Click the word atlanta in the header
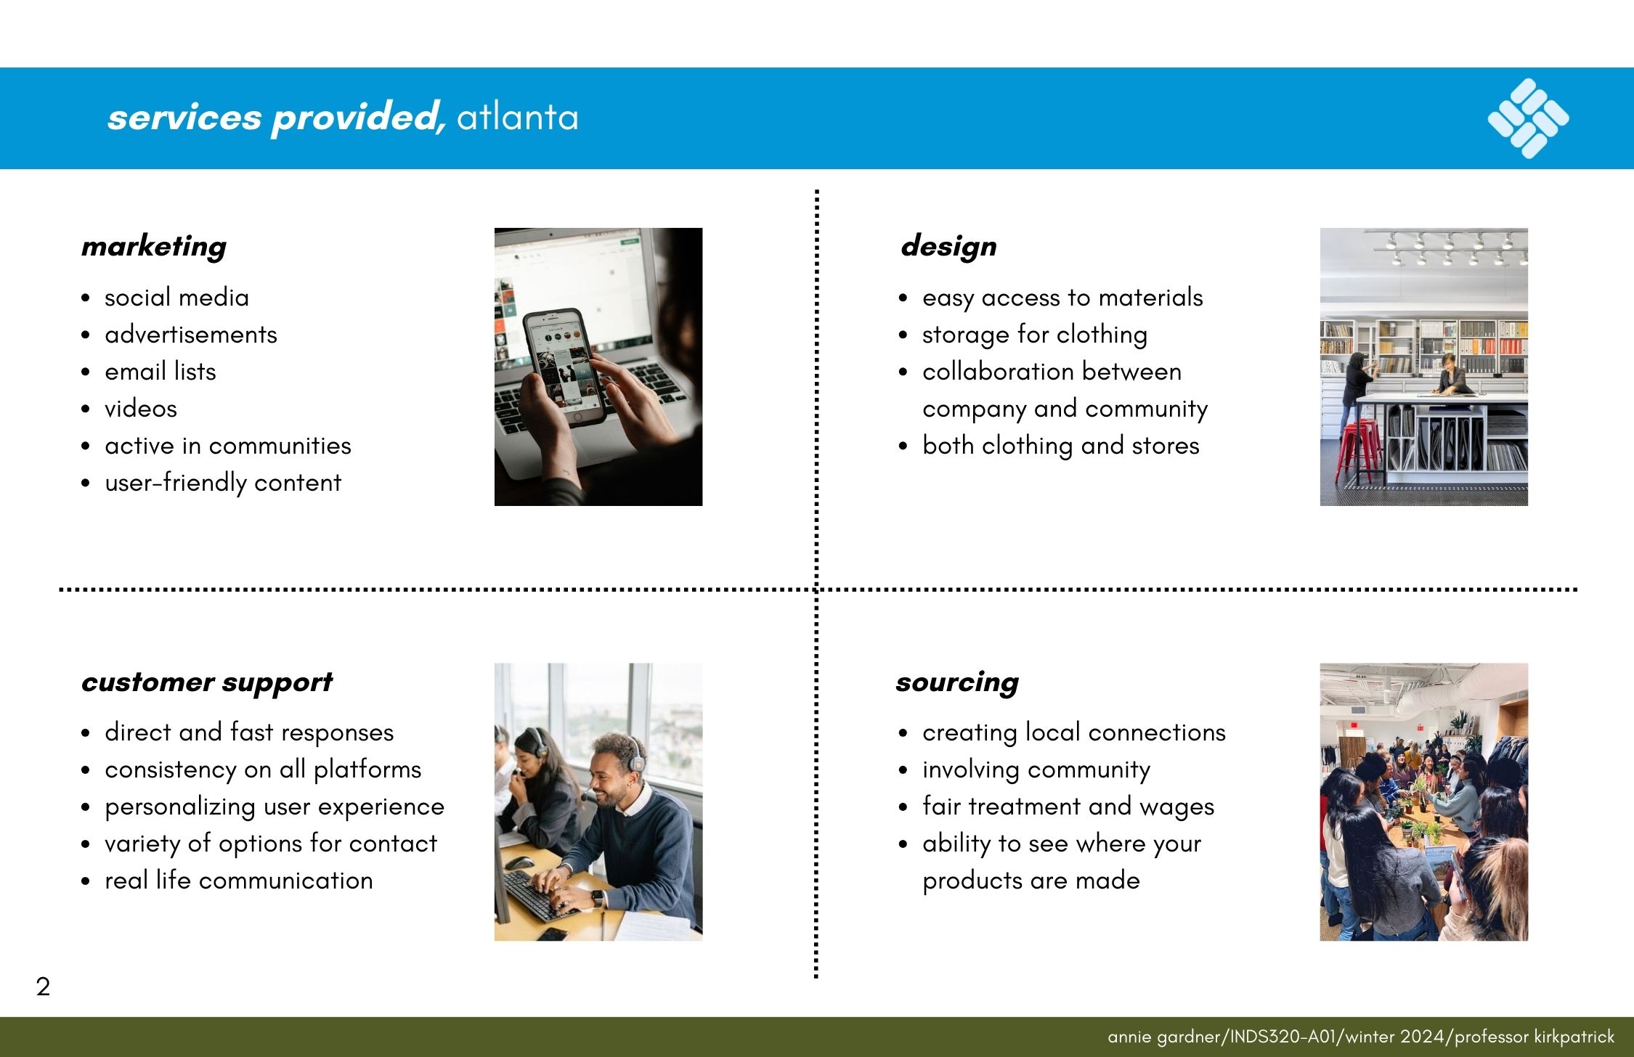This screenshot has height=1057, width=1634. [x=518, y=117]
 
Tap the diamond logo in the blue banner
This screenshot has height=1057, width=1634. [x=1528, y=118]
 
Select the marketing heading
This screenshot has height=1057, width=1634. [x=154, y=247]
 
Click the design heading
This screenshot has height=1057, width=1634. [x=948, y=247]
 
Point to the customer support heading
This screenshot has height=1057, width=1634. [x=207, y=682]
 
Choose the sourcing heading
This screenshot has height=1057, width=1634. [x=957, y=682]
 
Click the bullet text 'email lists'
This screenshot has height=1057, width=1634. [x=160, y=372]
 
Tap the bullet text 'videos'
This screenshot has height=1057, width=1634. [x=141, y=409]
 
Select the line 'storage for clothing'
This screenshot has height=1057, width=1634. [x=1035, y=335]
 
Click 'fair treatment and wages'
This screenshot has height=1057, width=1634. [x=1068, y=807]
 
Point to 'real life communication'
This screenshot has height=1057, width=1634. [x=239, y=881]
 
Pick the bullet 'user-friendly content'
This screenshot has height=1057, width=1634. [x=223, y=483]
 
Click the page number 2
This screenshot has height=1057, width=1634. [x=43, y=987]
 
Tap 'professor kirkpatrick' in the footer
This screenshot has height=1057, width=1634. [x=1535, y=1037]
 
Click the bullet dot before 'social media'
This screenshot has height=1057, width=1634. [x=86, y=298]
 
